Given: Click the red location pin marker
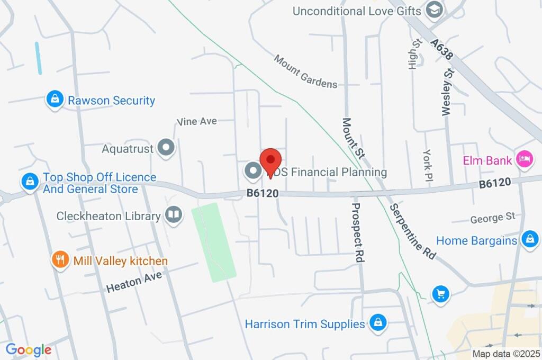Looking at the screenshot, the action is (271, 160).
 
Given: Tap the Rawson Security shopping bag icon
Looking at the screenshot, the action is (54, 99).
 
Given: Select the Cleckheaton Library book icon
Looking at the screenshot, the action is (173, 215).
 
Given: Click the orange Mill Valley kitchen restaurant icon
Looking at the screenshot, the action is (60, 260).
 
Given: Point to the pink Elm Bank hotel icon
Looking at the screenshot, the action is (524, 159).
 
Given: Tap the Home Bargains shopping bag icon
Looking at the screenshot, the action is (529, 240).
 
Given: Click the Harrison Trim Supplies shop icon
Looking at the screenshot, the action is (377, 322).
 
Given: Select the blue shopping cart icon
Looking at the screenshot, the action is (440, 294).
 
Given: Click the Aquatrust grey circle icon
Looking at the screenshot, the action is (167, 148).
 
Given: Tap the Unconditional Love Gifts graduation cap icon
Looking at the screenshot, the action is (435, 10).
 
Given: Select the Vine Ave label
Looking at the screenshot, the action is (197, 121).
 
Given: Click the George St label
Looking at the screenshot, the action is (493, 217).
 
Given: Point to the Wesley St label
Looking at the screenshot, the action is (447, 91).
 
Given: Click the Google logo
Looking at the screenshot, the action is (29, 349).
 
